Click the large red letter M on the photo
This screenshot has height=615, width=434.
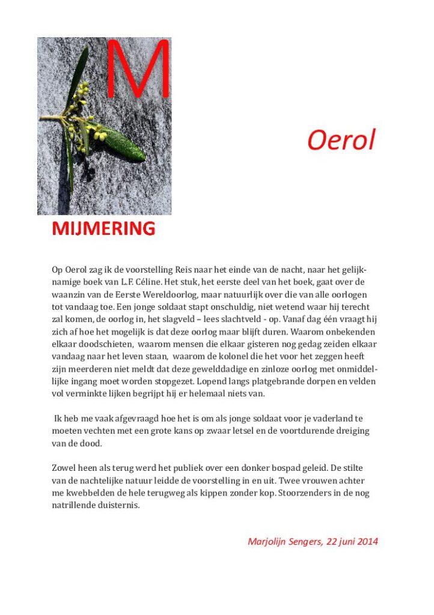coord(138,69)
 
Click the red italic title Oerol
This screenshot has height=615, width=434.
coord(341,141)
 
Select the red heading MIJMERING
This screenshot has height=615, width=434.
coord(103,228)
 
